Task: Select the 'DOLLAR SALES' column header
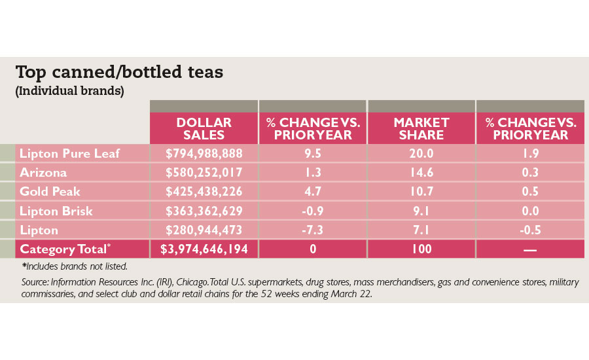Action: pos(204,129)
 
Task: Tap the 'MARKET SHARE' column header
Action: pos(421,129)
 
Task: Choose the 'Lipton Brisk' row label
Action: pos(56,211)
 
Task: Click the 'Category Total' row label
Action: pos(66,249)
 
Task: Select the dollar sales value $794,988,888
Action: pos(205,154)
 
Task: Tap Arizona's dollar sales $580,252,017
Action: pos(205,173)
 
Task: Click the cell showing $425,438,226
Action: pos(205,192)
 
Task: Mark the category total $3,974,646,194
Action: pos(205,249)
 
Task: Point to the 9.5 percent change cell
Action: pos(313,154)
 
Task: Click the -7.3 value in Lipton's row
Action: pos(313,230)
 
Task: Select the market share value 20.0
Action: pos(421,154)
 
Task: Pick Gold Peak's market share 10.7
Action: pos(421,192)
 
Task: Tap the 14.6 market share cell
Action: pos(421,173)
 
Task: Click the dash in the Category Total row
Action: pos(530,249)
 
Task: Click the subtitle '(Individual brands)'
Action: pos(69,91)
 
